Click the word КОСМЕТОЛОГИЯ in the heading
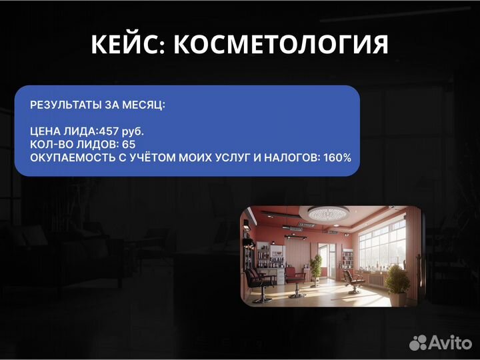(280, 45)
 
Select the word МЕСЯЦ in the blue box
(145, 105)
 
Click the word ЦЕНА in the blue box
(44, 131)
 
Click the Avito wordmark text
(450, 343)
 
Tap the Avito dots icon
(418, 343)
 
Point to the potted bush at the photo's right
(398, 280)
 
